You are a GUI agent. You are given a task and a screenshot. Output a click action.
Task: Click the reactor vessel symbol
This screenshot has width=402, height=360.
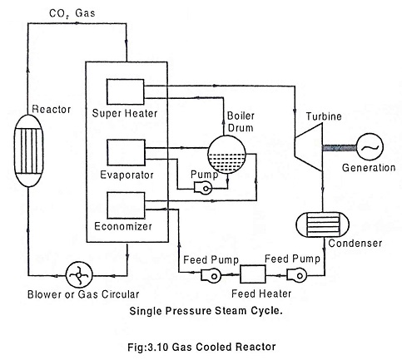point(28,150)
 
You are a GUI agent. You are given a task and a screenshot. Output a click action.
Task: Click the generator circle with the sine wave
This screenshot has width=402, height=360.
point(370,147)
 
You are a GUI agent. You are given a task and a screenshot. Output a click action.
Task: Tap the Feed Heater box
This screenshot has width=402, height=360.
point(252,274)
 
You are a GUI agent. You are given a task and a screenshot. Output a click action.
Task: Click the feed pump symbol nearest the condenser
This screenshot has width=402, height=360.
point(296,274)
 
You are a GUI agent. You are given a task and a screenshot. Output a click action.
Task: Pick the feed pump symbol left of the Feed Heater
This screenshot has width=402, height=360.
point(211,275)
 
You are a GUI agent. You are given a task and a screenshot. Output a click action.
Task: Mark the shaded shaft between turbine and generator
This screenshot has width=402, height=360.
point(340,148)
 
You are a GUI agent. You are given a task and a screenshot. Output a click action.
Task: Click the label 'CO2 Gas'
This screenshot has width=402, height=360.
point(72,13)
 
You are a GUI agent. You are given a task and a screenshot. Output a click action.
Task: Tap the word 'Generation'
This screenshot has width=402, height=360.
point(369,168)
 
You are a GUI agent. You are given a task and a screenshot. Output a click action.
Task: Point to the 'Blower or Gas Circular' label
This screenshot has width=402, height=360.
point(83,294)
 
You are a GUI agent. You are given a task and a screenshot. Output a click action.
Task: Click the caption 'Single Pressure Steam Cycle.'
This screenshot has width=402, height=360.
point(206,311)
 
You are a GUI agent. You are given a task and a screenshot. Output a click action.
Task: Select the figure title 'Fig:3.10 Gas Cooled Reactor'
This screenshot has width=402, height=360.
point(201,347)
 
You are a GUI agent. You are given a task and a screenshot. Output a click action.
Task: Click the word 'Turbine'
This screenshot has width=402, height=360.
point(324,116)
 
